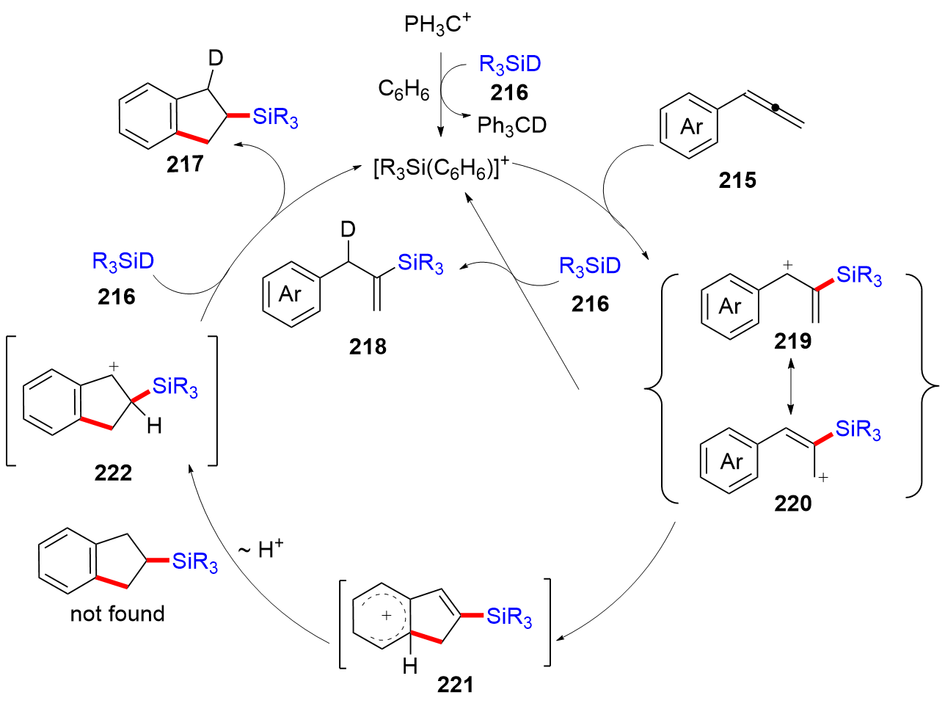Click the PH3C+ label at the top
437,25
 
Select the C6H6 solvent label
404,90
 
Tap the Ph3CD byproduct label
511,125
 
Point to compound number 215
737,181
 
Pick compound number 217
185,164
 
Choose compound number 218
368,346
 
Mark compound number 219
792,341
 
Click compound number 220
792,503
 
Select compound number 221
455,685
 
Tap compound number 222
113,473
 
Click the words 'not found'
117,614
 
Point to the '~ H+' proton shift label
261,549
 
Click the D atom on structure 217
215,58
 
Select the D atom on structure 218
348,230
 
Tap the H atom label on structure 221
410,666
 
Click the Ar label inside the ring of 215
691,127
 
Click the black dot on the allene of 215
775,108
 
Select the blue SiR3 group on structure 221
509,616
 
